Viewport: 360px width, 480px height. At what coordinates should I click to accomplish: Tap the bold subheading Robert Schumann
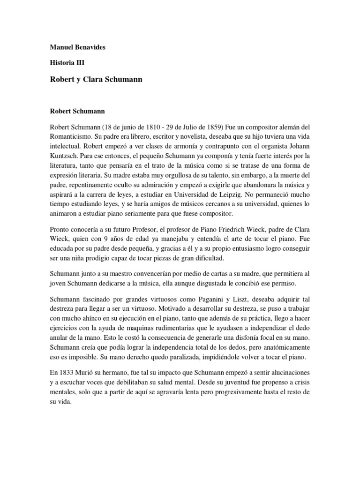77,112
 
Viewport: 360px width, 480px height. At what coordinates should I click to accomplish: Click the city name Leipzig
239,193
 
